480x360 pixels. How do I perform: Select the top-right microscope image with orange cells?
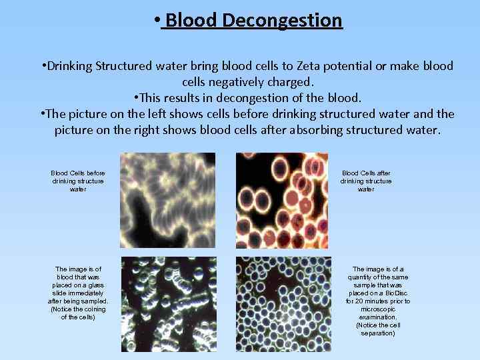[x=283, y=200]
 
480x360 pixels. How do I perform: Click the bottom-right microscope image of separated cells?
[x=283, y=304]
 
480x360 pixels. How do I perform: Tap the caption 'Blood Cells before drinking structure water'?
[x=78, y=181]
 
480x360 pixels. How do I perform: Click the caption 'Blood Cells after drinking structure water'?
[x=366, y=181]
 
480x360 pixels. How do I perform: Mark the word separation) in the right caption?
[x=377, y=333]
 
